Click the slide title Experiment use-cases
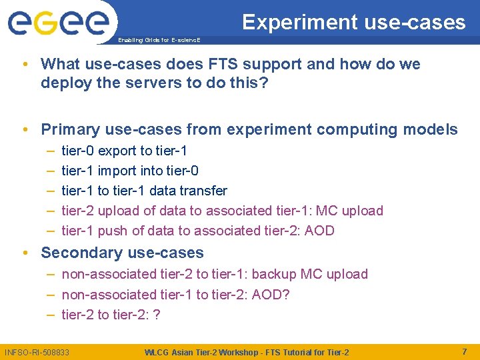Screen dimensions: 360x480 [x=353, y=22]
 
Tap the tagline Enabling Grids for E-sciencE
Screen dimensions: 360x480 [x=158, y=41]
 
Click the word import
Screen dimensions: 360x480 [x=118, y=171]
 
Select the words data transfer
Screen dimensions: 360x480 [x=188, y=191]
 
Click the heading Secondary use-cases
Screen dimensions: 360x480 [x=122, y=253]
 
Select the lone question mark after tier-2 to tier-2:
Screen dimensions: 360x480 [x=156, y=314]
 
